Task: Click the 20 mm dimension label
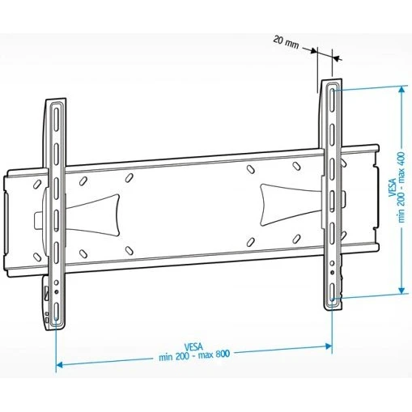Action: [x=284, y=40]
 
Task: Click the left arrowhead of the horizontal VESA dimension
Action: [x=59, y=365]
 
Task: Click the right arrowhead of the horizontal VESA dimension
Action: [x=328, y=346]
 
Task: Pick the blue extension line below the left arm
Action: [x=56, y=348]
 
